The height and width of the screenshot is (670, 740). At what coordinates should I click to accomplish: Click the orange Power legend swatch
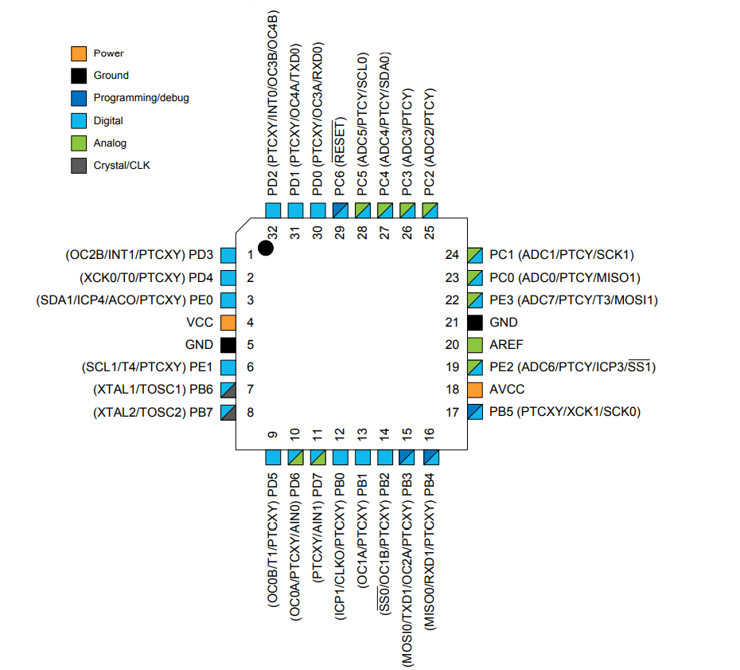(78, 53)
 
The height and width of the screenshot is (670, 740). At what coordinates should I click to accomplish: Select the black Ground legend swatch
(78, 76)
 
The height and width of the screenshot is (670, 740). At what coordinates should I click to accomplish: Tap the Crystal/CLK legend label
(122, 166)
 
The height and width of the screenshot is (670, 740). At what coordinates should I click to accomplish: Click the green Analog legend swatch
(78, 143)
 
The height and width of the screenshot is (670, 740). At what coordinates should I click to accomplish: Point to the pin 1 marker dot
(266, 248)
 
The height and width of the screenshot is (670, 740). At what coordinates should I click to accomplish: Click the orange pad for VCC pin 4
(228, 323)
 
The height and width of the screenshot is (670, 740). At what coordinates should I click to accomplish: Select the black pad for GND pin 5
(228, 345)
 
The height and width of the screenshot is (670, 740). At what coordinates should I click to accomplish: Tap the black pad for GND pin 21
(475, 323)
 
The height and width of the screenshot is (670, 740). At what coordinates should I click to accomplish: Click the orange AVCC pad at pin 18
(475, 390)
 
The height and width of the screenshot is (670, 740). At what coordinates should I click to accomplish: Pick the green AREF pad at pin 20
(475, 345)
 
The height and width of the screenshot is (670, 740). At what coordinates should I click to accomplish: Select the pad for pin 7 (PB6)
(228, 390)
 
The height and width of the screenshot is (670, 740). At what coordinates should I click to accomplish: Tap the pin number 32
(273, 232)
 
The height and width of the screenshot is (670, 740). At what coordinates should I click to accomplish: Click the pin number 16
(430, 434)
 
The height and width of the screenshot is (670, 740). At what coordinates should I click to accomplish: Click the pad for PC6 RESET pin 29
(341, 210)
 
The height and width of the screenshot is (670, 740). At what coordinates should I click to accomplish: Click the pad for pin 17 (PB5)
(475, 412)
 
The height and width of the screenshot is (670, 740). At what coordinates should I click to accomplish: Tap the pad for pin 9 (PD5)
(273, 457)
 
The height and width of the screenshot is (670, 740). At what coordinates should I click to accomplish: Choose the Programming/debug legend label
(141, 98)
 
